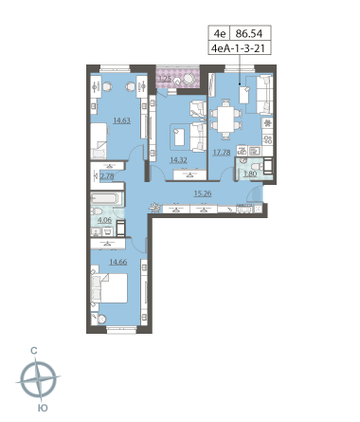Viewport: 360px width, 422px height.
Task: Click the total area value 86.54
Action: [x=249, y=33]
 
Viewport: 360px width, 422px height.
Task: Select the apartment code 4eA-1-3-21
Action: [x=238, y=48]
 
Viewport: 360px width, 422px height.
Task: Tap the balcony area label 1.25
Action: [x=165, y=79]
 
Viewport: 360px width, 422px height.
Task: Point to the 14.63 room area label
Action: [x=122, y=120]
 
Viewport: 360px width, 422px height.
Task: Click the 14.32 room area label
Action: [x=178, y=160]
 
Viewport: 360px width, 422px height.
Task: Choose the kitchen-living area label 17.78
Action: [x=222, y=153]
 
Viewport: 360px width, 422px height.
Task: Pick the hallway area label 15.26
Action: [x=203, y=193]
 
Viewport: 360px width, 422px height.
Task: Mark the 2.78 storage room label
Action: [x=107, y=175]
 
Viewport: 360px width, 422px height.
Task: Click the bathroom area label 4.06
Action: [x=104, y=220]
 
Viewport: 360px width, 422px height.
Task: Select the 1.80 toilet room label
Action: [x=250, y=174]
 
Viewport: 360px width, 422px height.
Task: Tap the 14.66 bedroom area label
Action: [x=117, y=262]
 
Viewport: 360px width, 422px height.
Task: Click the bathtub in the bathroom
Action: [x=105, y=198]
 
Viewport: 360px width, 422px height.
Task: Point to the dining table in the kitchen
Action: [x=225, y=119]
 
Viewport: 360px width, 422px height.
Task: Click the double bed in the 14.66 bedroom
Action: [x=109, y=288]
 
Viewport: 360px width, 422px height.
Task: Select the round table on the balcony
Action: [x=189, y=78]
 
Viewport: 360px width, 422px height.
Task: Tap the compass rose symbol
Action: [x=38, y=378]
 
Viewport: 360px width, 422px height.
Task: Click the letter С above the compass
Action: [x=34, y=351]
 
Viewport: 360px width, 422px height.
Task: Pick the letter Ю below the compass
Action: [x=43, y=408]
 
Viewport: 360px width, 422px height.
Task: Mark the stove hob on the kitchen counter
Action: [x=267, y=139]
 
